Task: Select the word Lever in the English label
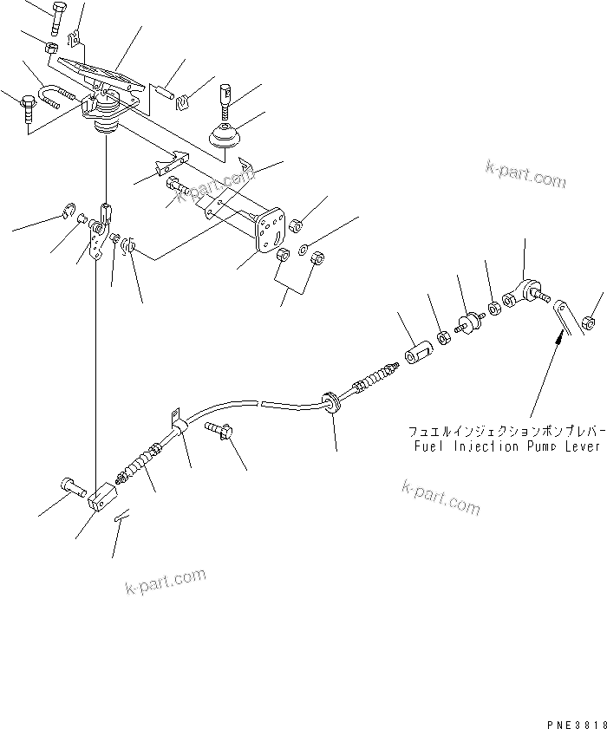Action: [584, 446]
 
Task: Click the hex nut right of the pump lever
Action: [589, 322]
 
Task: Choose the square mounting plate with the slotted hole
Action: [270, 234]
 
